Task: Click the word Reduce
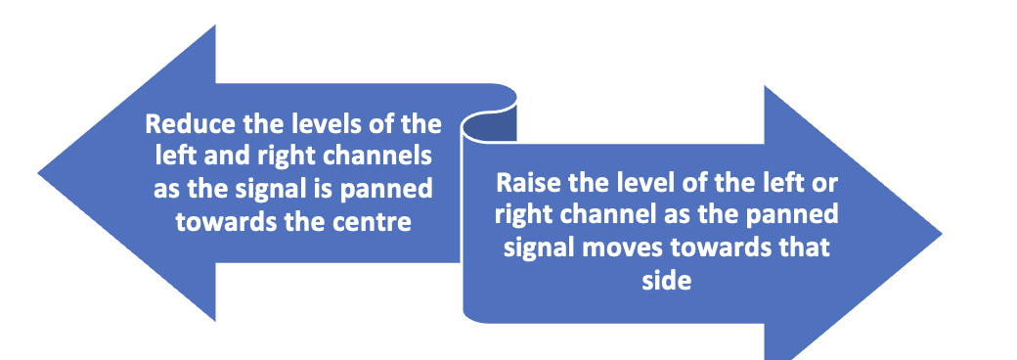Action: [183, 126]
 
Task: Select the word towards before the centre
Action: [224, 220]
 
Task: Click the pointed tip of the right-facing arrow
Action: [942, 234]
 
